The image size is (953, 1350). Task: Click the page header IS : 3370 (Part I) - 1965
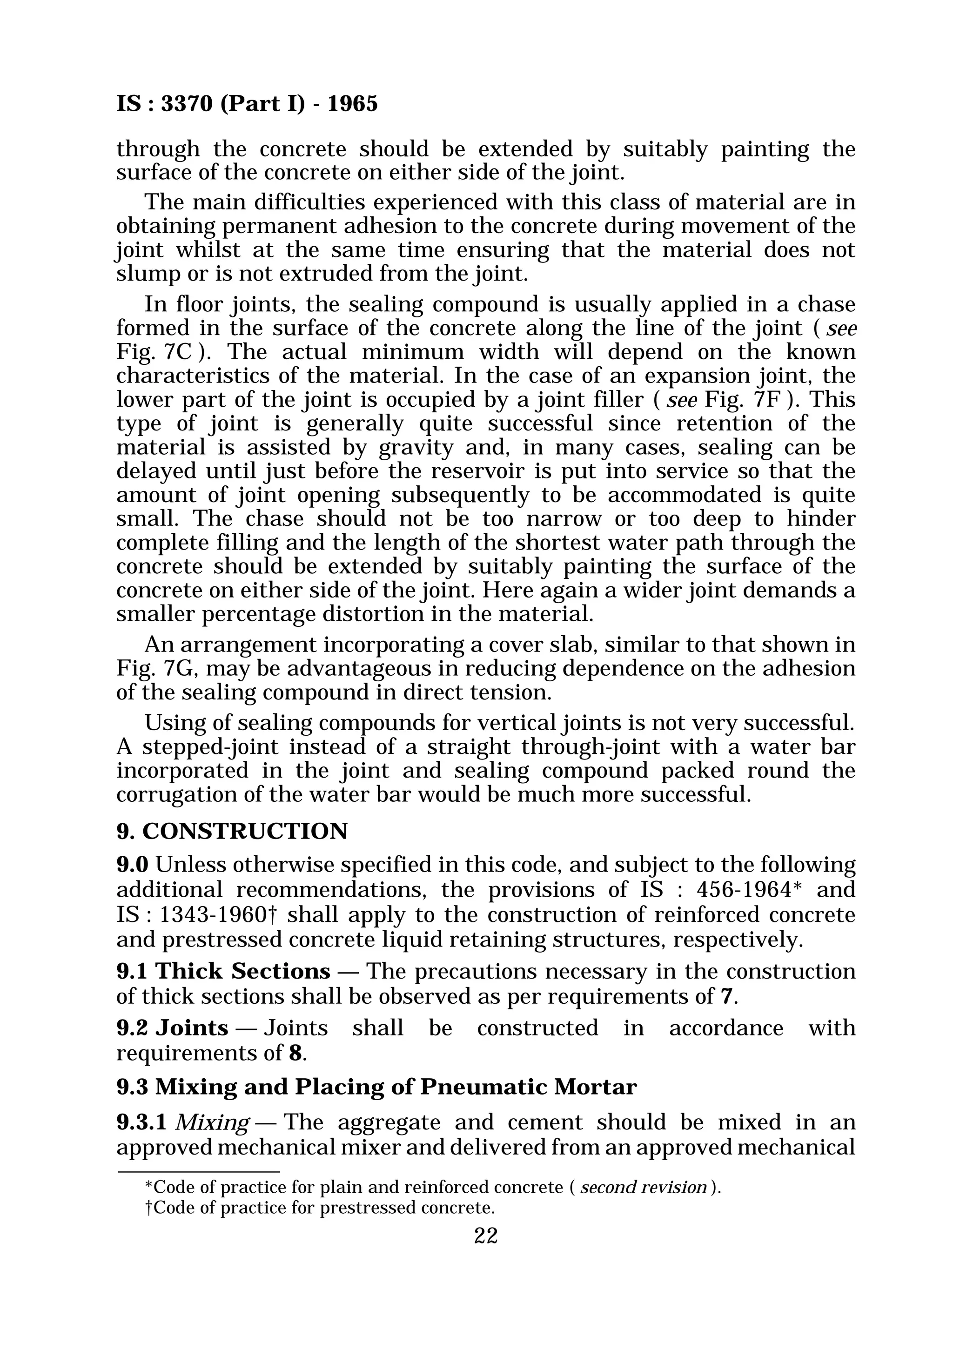(x=247, y=104)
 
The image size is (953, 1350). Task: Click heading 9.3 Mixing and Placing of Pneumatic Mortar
(x=376, y=1087)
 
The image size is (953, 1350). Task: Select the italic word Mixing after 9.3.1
(x=212, y=1122)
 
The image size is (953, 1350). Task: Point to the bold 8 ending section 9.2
(x=295, y=1053)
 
